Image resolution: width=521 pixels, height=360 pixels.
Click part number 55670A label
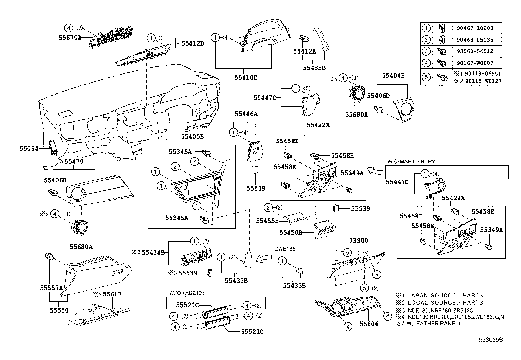tap(70, 38)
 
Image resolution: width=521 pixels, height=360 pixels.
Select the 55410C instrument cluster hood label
tap(245, 78)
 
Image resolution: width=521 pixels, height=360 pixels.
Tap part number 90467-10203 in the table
tap(475, 28)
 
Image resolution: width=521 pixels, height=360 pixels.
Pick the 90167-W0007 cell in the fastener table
tap(475, 63)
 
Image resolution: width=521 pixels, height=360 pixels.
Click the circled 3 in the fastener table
tap(426, 51)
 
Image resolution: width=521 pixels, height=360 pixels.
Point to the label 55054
tap(29, 148)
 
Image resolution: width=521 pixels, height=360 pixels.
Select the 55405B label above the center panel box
tap(192, 136)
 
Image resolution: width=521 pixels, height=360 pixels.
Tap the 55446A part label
tap(246, 114)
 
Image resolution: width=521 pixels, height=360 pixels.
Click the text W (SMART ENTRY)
tap(412, 161)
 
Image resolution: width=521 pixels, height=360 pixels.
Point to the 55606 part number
tap(369, 324)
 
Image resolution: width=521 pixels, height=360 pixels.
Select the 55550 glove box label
tap(59, 310)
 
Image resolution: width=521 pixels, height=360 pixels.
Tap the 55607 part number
tap(112, 294)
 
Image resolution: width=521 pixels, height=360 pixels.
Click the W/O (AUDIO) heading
tap(187, 293)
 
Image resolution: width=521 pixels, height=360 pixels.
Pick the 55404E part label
tap(393, 75)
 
